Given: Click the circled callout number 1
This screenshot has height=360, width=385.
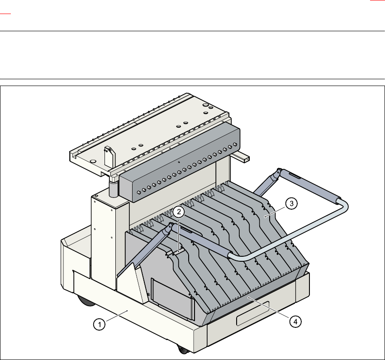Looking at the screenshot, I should [100, 324].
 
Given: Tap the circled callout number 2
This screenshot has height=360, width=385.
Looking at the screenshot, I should [180, 211].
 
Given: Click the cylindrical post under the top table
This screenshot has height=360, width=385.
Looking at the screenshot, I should [113, 187].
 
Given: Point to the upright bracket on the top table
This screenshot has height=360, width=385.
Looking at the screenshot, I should [109, 156].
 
